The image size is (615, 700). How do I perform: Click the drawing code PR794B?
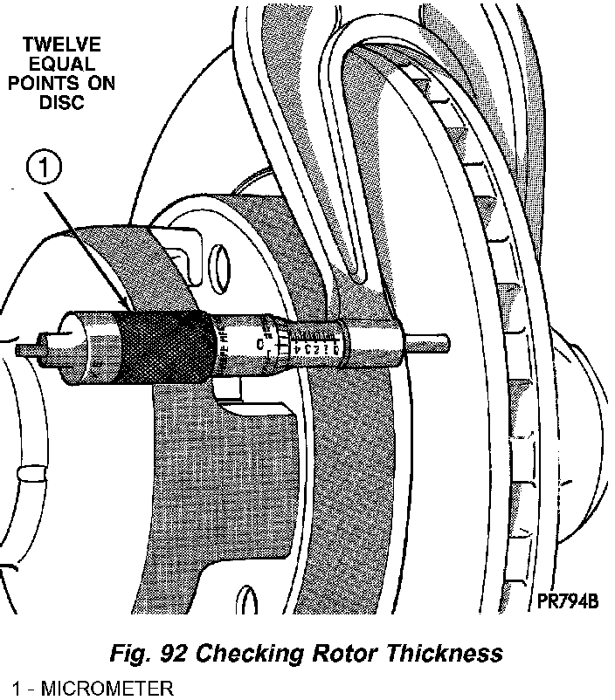click(568, 600)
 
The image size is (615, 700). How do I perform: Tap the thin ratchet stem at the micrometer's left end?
click(29, 349)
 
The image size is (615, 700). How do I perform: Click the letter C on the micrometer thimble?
click(261, 344)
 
